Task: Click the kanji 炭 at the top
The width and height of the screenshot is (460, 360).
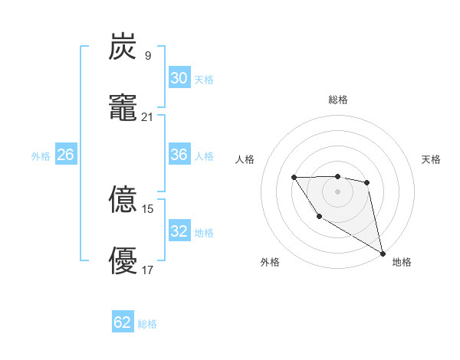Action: (x=123, y=47)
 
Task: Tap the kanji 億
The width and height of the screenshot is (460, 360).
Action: (x=123, y=201)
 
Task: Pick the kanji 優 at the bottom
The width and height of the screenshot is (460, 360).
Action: (x=123, y=260)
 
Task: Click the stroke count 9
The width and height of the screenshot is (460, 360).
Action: (x=147, y=56)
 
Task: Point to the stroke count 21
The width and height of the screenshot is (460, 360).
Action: (x=148, y=116)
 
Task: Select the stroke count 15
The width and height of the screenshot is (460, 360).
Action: (x=148, y=209)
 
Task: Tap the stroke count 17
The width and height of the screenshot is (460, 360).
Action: (x=148, y=270)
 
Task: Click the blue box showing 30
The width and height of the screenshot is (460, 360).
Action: (x=179, y=78)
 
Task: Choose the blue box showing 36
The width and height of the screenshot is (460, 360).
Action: (x=179, y=155)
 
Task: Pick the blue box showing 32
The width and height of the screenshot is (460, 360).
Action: (x=179, y=231)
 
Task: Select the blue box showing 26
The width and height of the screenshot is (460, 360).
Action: (x=65, y=155)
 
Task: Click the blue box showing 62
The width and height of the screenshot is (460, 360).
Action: (x=123, y=322)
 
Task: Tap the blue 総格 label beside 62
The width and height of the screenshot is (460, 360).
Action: (x=147, y=324)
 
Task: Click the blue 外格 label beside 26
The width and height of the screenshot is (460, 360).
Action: (x=41, y=156)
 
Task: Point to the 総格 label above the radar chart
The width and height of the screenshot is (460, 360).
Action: (x=337, y=100)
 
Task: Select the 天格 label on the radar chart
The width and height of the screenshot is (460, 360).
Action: (x=431, y=159)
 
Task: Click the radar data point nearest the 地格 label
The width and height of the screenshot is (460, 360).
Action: (x=383, y=254)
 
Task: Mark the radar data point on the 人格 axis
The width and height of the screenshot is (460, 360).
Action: (x=294, y=178)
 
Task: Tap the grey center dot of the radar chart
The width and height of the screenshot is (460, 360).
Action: (x=337, y=191)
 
